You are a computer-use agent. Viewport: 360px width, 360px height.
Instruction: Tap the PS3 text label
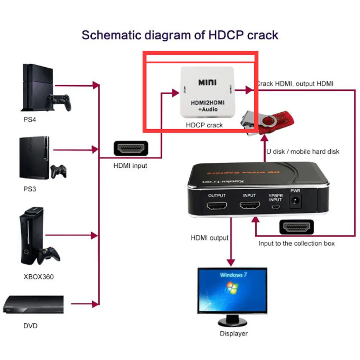30,189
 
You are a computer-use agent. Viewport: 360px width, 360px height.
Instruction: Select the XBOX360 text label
38,277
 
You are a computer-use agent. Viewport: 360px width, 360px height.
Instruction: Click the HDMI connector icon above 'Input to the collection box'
296,228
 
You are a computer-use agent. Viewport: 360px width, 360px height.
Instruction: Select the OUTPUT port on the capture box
217,206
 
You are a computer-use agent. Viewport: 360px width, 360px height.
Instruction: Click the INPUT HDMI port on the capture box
249,206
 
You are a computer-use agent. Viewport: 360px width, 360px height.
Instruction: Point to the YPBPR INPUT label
276,198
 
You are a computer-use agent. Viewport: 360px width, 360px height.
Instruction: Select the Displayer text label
234,334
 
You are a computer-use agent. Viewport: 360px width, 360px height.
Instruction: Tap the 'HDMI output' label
210,238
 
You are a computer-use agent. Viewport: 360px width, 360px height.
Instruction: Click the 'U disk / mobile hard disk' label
302,152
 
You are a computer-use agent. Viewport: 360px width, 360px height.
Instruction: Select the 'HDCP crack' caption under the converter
204,125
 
